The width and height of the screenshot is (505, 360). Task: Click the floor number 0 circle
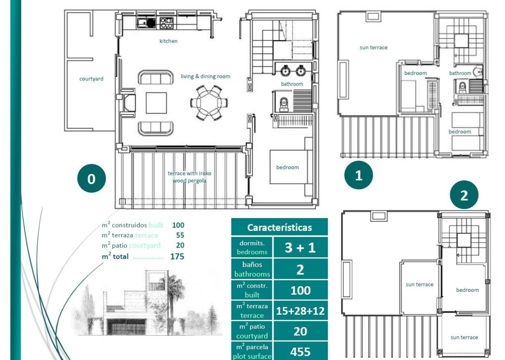pyautogui.click(x=91, y=178)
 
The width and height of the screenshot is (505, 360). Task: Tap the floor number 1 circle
pyautogui.click(x=358, y=175)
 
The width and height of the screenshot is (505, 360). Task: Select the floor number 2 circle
pyautogui.click(x=464, y=195)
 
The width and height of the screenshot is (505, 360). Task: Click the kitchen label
pyautogui.click(x=168, y=41)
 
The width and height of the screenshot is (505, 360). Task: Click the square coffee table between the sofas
pyautogui.click(x=156, y=103)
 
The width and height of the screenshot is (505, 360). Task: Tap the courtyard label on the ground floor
pyautogui.click(x=91, y=79)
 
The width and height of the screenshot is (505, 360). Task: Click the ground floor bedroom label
pyautogui.click(x=287, y=167)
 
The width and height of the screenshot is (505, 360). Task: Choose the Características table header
pyautogui.click(x=279, y=227)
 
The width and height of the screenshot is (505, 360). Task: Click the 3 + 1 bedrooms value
pyautogui.click(x=300, y=247)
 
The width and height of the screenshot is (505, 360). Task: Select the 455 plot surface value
pyautogui.click(x=300, y=352)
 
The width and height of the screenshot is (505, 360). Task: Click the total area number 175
pyautogui.click(x=177, y=257)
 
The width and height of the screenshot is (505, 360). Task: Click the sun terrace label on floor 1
pyautogui.click(x=373, y=48)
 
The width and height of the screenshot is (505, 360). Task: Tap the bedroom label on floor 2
pyautogui.click(x=467, y=290)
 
